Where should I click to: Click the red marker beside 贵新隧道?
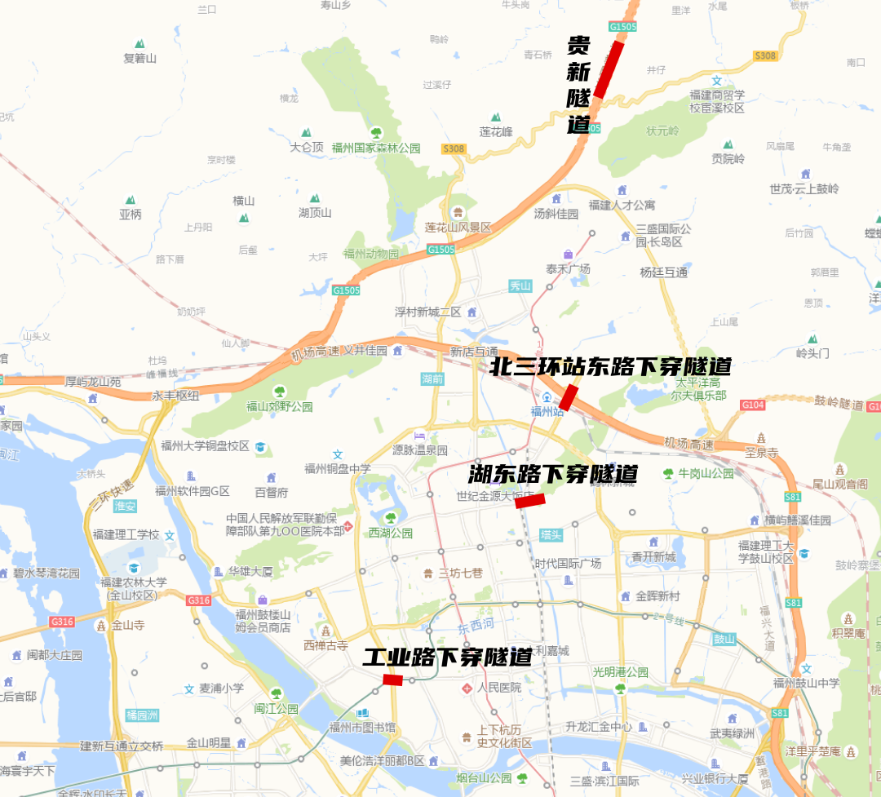[609, 69]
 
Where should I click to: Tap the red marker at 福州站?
[569, 398]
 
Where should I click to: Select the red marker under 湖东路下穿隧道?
[530, 501]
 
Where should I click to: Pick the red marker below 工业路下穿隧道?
[393, 680]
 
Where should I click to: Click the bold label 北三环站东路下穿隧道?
[610, 366]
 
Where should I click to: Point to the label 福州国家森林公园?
[381, 148]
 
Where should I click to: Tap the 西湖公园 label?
[391, 533]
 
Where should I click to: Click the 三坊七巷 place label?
[461, 573]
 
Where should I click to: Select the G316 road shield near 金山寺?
[61, 622]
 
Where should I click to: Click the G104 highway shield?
[752, 405]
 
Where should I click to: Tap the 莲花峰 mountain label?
[496, 131]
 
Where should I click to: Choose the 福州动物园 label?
[371, 254]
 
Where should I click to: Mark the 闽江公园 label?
[276, 708]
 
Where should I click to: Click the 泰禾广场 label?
[568, 268]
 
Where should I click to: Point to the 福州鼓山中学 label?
[807, 683]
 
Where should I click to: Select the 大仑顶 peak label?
[307, 147]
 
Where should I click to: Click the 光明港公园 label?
[621, 672]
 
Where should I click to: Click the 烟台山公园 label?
[485, 778]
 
